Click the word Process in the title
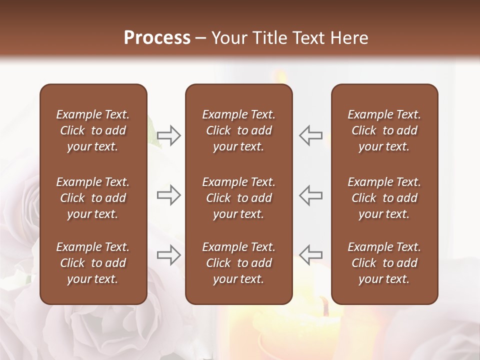point(157,38)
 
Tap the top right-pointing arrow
point(169,135)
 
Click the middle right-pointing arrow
point(169,195)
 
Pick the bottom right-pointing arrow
point(169,254)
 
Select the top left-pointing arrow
point(311,135)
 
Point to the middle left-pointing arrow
point(311,195)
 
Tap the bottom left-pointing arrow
point(311,254)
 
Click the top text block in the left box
point(93,130)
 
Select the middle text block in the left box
point(93,198)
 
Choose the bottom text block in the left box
point(93,263)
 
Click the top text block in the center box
point(238,130)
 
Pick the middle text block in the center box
point(238,198)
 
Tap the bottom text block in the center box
point(238,263)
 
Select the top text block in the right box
point(384,130)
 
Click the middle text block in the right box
point(384,198)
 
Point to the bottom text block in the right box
point(384,263)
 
